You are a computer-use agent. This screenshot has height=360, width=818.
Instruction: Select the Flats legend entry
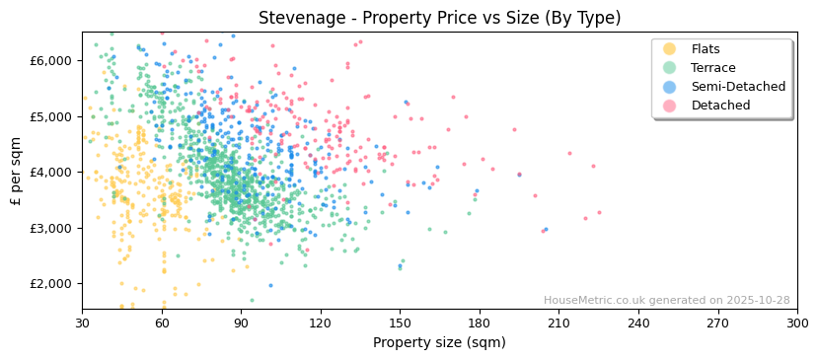click(706, 49)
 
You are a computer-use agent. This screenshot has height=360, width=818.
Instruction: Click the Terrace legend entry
click(712, 68)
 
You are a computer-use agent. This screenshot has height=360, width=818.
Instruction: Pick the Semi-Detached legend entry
click(738, 87)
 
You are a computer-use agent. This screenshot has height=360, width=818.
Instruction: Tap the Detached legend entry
click(720, 106)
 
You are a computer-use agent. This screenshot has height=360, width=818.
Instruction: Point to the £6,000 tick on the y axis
click(51, 60)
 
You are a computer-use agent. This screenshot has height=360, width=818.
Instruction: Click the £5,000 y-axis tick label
click(51, 116)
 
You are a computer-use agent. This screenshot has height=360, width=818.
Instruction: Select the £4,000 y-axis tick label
click(51, 172)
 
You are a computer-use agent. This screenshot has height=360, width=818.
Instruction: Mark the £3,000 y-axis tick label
click(51, 228)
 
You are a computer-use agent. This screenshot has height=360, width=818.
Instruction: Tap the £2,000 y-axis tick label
click(51, 284)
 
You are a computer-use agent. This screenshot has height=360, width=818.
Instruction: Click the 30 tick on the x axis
click(82, 323)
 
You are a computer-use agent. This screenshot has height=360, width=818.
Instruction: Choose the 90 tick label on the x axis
click(241, 323)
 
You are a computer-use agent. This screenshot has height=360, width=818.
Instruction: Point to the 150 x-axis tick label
click(400, 323)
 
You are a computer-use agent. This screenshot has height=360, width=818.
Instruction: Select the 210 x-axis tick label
click(558, 323)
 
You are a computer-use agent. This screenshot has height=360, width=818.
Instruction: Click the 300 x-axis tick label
click(796, 323)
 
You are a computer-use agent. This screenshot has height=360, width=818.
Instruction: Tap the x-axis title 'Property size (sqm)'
click(439, 342)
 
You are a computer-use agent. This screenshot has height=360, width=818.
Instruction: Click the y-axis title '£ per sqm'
click(16, 172)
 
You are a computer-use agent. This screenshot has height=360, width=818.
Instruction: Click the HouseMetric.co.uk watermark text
click(666, 301)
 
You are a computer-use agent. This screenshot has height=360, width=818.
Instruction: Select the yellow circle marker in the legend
click(670, 49)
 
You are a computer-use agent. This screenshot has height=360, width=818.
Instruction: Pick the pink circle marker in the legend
click(670, 106)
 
